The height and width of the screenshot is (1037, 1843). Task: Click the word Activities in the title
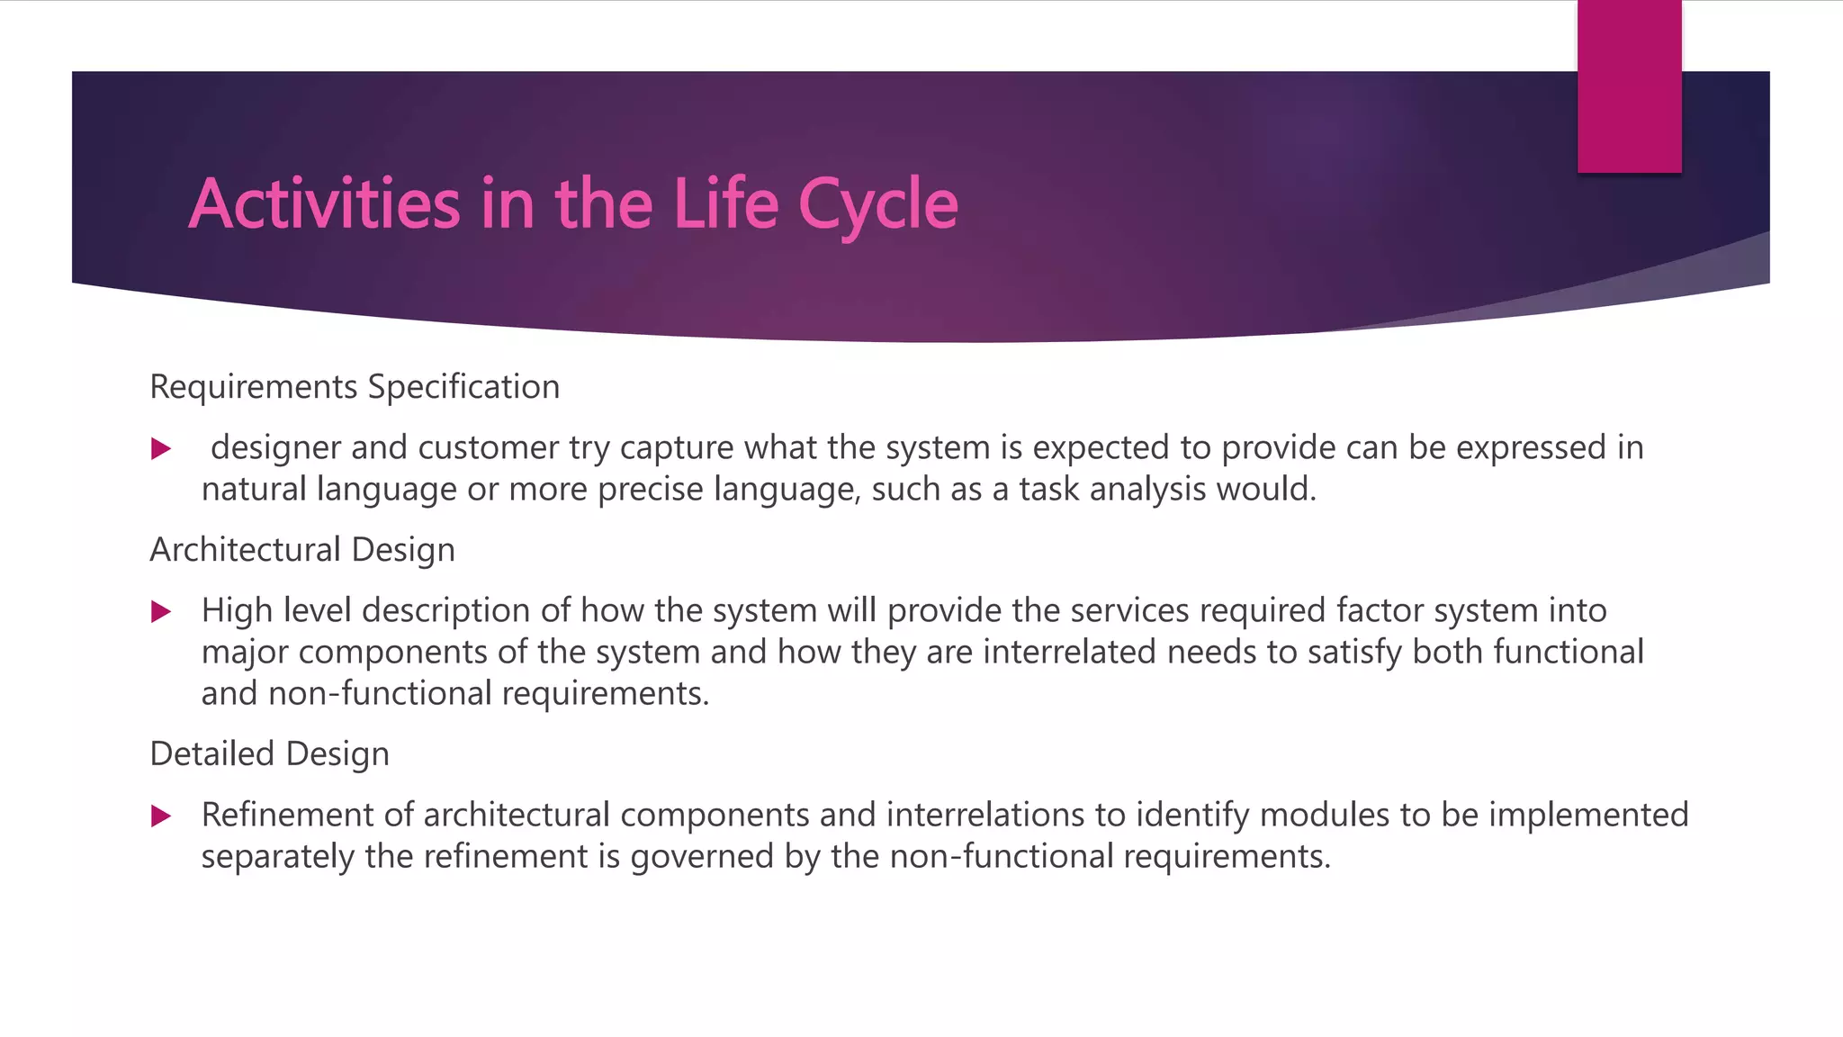coord(325,204)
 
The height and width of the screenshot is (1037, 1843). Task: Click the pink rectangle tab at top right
coord(1629,86)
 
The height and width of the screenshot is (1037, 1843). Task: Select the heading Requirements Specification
coord(355,387)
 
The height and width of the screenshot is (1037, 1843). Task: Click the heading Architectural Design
coord(302,550)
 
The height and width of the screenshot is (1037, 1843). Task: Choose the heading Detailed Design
coord(269,754)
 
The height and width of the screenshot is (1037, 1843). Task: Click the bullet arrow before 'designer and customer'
coord(161,448)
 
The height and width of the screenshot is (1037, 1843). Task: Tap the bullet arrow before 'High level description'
coord(161,612)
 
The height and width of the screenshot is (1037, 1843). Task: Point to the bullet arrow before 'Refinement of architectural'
coord(161,816)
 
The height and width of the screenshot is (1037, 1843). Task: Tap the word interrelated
coord(1069,653)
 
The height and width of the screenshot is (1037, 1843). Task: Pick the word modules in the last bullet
coord(1325,816)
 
